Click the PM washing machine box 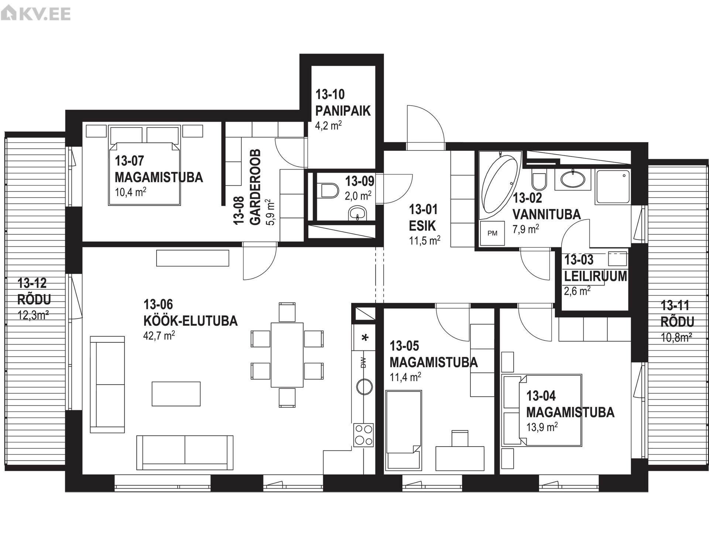pyautogui.click(x=492, y=233)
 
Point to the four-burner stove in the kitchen pyautogui.click(x=363, y=434)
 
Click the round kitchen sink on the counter pyautogui.click(x=364, y=387)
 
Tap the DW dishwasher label pyautogui.click(x=363, y=362)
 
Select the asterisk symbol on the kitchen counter pyautogui.click(x=365, y=338)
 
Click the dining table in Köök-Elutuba pyautogui.click(x=287, y=355)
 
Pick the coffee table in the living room pyautogui.click(x=176, y=394)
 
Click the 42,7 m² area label pyautogui.click(x=159, y=336)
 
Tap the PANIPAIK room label pyautogui.click(x=343, y=111)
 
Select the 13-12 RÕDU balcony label pyautogui.click(x=34, y=291)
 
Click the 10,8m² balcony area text pyautogui.click(x=677, y=338)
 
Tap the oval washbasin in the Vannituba pyautogui.click(x=573, y=180)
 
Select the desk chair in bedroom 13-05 pyautogui.click(x=460, y=438)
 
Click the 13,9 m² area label pyautogui.click(x=542, y=427)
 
